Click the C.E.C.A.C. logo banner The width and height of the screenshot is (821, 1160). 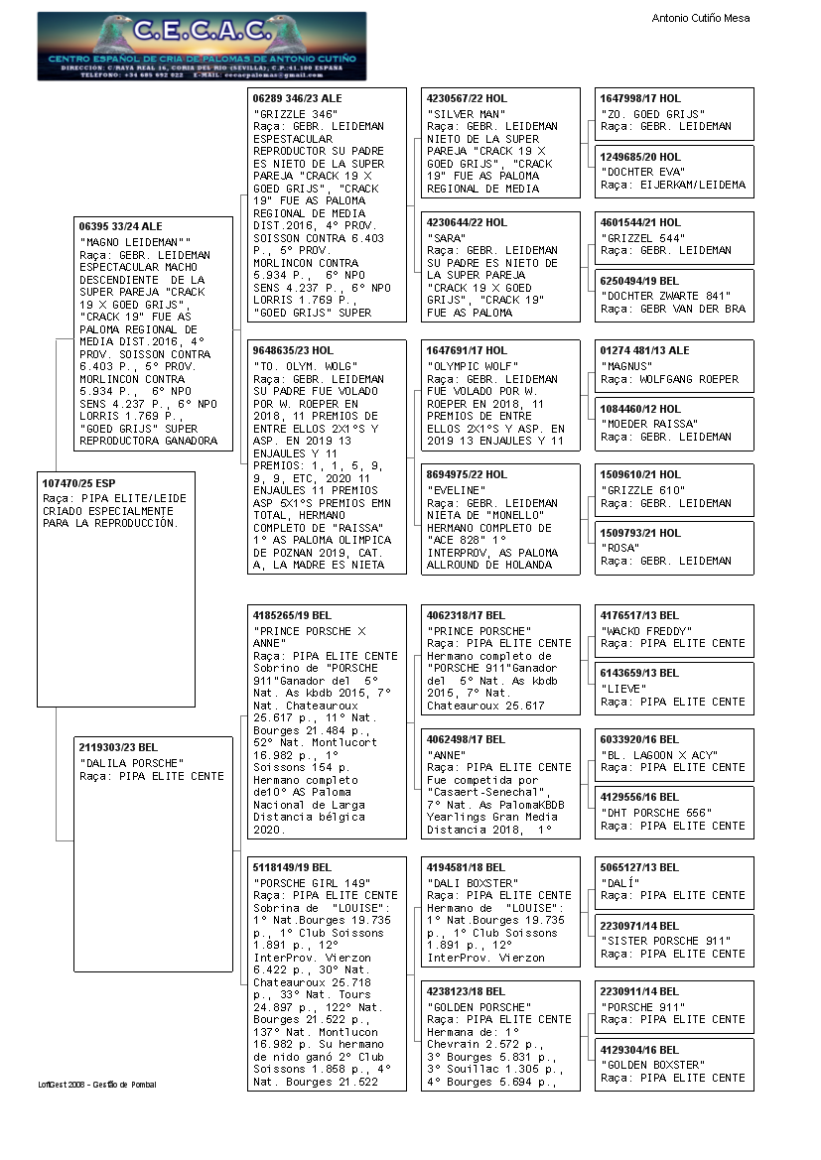(x=202, y=46)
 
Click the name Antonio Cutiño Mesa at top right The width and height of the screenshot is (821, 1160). (x=700, y=18)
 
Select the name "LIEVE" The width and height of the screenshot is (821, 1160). (x=624, y=689)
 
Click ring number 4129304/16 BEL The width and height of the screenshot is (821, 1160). (x=640, y=1050)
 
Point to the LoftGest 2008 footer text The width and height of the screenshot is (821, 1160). (x=97, y=1085)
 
